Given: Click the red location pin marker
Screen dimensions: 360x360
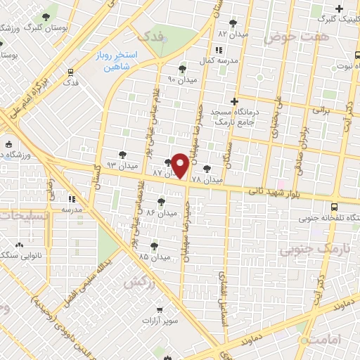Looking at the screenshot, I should pos(180,165).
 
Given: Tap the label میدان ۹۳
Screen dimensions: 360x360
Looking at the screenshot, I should pos(121,165).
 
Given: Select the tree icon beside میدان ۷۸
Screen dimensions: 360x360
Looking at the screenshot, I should pos(207,169).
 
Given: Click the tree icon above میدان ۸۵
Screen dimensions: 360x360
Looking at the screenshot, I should pos(155,245).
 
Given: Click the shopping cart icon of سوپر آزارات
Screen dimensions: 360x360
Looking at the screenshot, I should pos(160,310).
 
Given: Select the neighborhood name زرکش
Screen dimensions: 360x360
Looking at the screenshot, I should pos(139,282).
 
